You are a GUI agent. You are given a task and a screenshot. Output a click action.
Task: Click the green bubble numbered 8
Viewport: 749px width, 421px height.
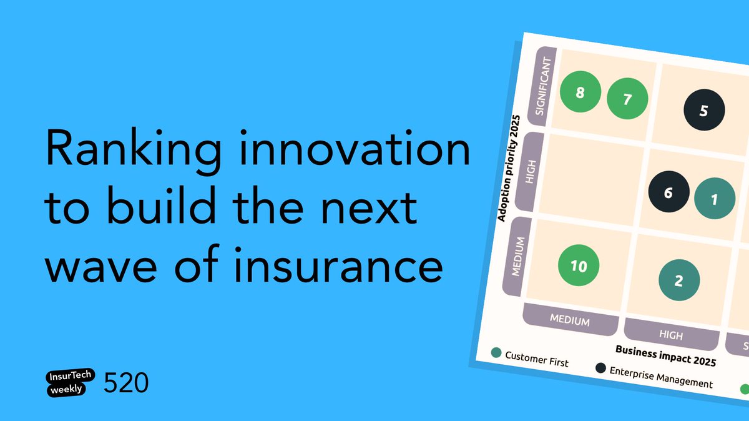(x=580, y=93)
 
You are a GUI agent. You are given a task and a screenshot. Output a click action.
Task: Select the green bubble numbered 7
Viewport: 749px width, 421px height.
(x=628, y=99)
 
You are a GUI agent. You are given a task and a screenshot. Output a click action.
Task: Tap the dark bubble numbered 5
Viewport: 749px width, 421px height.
(x=704, y=111)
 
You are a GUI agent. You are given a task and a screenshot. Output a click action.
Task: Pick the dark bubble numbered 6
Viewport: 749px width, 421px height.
(x=668, y=192)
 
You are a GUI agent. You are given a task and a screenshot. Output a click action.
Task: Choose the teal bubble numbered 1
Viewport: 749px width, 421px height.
(x=715, y=199)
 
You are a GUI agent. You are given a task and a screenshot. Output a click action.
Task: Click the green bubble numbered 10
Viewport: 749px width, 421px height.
(x=579, y=266)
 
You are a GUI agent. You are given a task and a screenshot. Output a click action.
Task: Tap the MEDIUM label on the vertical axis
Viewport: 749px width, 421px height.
(x=517, y=255)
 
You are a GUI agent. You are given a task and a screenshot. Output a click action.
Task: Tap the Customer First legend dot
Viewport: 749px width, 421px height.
(x=496, y=353)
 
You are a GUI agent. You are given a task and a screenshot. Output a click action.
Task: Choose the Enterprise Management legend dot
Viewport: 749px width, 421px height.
(x=600, y=368)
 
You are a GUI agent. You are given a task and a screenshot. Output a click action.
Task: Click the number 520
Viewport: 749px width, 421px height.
(x=127, y=382)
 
